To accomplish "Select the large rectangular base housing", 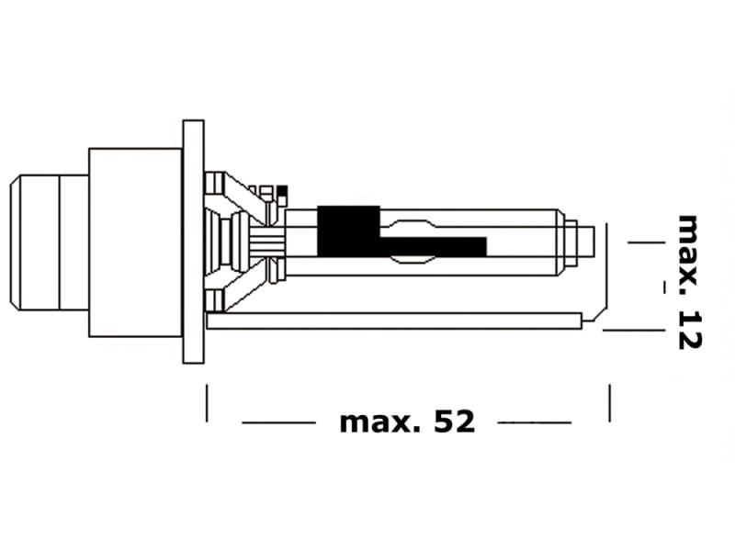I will tap(134, 242).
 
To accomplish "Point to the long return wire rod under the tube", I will tap(395, 320).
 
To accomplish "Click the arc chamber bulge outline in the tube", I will tap(409, 225).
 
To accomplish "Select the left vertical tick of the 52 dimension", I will tap(208, 403).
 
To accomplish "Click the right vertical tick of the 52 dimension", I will tap(609, 403).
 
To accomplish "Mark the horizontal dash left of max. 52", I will tap(278, 423).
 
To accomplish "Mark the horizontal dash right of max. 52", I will tap(534, 423).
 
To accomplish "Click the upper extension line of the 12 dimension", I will tap(645, 242).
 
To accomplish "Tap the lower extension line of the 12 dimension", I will tap(634, 329).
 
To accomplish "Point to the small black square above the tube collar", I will tap(282, 191).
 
